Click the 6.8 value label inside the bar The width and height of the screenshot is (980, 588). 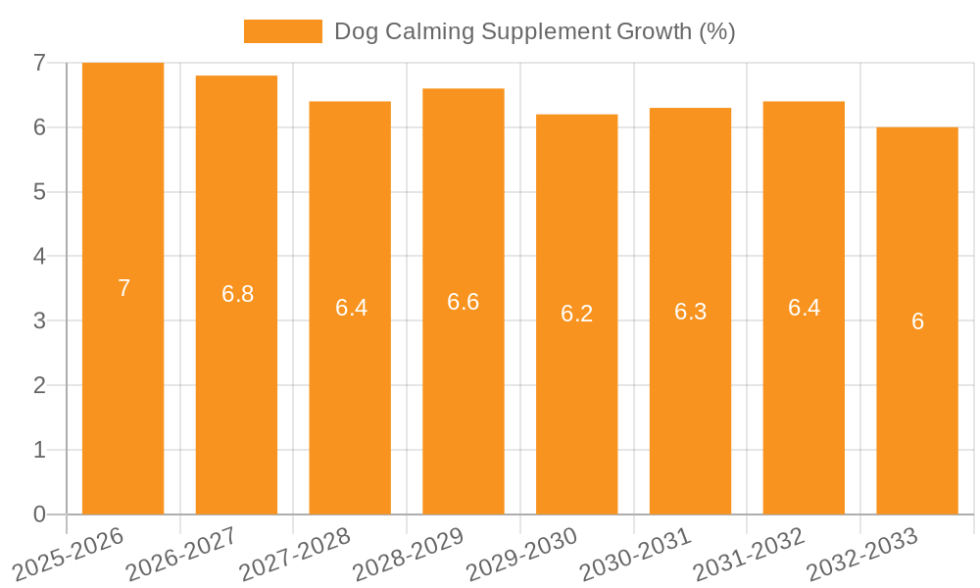(237, 294)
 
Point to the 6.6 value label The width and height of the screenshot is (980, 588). (463, 302)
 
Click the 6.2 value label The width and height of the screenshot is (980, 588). (576, 315)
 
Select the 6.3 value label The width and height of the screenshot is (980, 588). (690, 312)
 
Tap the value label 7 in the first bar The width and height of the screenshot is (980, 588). (123, 288)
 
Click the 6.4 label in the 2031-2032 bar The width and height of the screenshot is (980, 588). (804, 308)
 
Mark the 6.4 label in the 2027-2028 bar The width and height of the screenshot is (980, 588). (351, 308)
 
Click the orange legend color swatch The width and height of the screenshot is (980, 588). (282, 31)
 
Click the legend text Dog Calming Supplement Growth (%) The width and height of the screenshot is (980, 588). (534, 31)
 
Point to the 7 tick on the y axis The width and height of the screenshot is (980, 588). (39, 63)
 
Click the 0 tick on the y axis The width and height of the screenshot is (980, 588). (39, 514)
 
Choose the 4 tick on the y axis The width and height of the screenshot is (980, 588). (39, 257)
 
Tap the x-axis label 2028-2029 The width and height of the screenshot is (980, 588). (407, 553)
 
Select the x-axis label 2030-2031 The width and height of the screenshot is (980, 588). (634, 553)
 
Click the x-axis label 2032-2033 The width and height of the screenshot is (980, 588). (860, 553)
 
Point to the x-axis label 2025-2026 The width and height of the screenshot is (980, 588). (67, 553)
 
